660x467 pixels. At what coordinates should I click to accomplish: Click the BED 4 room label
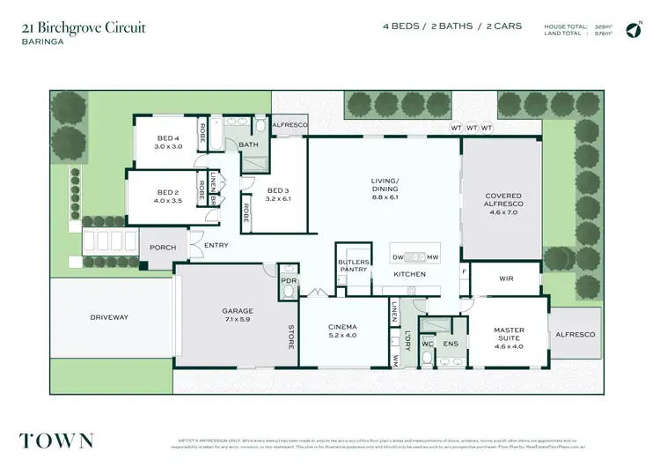pos(168,138)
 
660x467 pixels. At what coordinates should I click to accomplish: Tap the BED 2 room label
pos(168,192)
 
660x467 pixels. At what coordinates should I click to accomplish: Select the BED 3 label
pos(278,190)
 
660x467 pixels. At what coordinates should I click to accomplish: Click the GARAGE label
pos(237,311)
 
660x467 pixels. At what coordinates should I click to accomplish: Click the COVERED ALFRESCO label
pos(503,201)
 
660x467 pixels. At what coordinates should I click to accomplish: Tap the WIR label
pos(506,278)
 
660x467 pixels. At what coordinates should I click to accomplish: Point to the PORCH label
pos(162,248)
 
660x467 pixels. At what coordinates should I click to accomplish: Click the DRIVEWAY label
pos(109,316)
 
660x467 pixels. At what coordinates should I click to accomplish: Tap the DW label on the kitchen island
pos(398,257)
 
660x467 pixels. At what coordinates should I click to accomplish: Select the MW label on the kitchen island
pos(432,257)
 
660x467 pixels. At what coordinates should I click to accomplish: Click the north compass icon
pos(632,31)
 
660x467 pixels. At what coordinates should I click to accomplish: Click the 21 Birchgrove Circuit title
pos(84,27)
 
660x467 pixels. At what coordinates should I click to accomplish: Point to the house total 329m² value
pos(605,26)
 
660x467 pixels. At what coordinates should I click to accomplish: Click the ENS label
pos(451,344)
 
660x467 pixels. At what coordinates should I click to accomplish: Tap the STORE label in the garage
pos(290,338)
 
